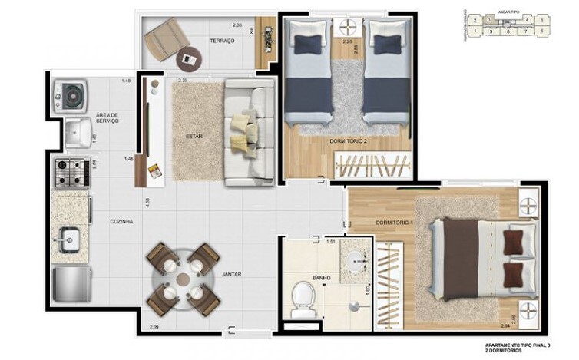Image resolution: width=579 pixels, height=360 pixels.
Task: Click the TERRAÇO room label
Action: (221, 41)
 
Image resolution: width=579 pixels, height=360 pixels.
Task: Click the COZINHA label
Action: (121, 221)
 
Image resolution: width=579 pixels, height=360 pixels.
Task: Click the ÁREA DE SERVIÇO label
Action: (106, 118)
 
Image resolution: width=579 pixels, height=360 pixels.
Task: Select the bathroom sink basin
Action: (356, 263)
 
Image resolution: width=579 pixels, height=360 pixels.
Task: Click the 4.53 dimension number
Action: (146, 204)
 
